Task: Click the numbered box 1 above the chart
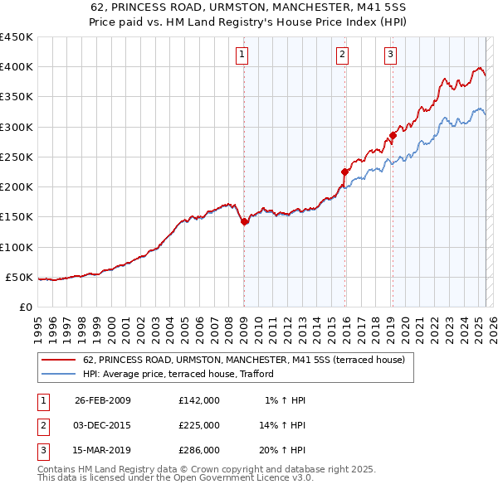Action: [x=242, y=56]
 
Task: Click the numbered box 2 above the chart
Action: [x=342, y=56]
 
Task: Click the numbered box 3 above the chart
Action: [x=390, y=56]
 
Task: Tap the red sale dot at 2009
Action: [x=245, y=221]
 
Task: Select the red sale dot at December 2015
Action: [x=344, y=172]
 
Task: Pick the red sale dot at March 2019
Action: [x=393, y=136]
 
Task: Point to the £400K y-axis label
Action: [x=16, y=67]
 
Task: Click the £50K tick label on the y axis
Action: [x=19, y=278]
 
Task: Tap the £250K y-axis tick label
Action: [x=16, y=157]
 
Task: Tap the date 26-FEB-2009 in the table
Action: [x=102, y=400]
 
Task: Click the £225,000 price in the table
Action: [x=198, y=425]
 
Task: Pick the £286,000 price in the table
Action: [x=198, y=450]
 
